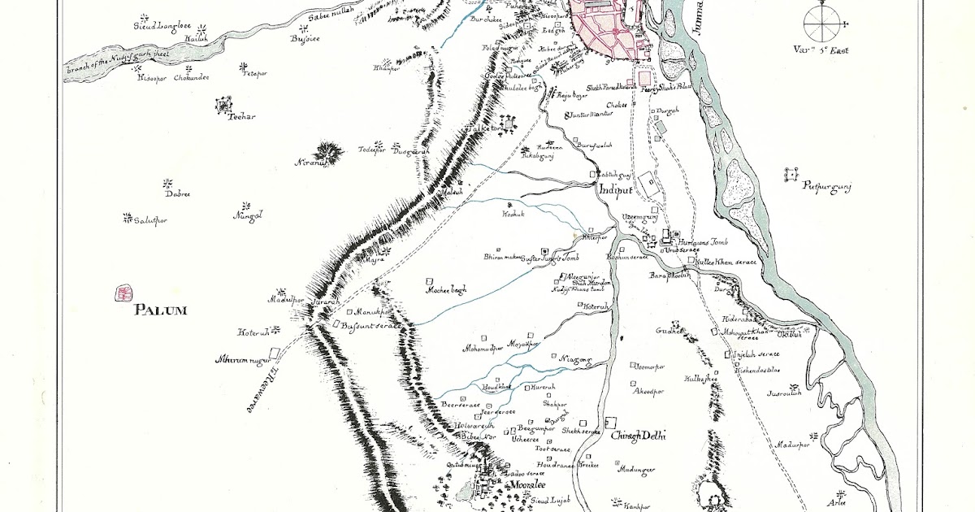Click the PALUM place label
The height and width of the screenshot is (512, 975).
(161, 310)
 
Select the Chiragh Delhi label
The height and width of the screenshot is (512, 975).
(638, 436)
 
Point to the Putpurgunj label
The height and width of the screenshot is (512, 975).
(826, 188)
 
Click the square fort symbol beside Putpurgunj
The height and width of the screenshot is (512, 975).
(791, 173)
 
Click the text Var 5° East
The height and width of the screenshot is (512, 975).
(821, 50)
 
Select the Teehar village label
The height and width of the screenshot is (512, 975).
(241, 116)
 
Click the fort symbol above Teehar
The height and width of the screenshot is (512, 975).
(221, 103)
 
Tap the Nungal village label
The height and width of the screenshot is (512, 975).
(247, 216)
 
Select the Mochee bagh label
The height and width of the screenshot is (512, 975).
(446, 289)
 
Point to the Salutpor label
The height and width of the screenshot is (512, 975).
(149, 220)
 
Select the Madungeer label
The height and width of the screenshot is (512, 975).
(636, 470)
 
